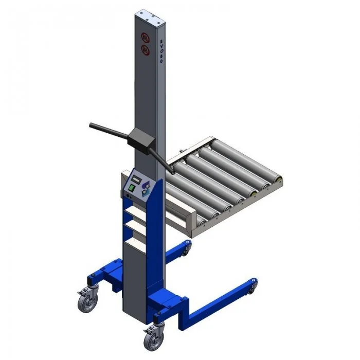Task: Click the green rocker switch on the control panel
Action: (131, 188)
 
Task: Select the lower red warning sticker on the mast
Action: (145, 50)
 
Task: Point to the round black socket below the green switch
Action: (125, 195)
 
